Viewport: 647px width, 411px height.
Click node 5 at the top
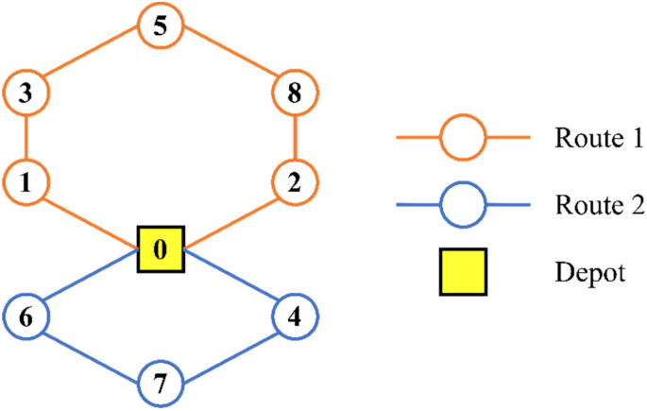point(161,26)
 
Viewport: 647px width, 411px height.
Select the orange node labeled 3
point(26,94)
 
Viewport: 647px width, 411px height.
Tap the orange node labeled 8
point(297,94)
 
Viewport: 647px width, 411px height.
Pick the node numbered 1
point(26,182)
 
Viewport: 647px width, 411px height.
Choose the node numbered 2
point(297,182)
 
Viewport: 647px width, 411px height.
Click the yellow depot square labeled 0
point(161,250)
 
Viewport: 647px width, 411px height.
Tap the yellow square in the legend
point(463,272)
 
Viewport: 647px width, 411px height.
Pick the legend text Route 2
point(599,205)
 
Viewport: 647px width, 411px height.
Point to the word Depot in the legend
point(590,273)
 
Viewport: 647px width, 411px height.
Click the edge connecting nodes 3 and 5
point(93,60)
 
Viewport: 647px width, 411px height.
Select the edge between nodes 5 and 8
point(229,60)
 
